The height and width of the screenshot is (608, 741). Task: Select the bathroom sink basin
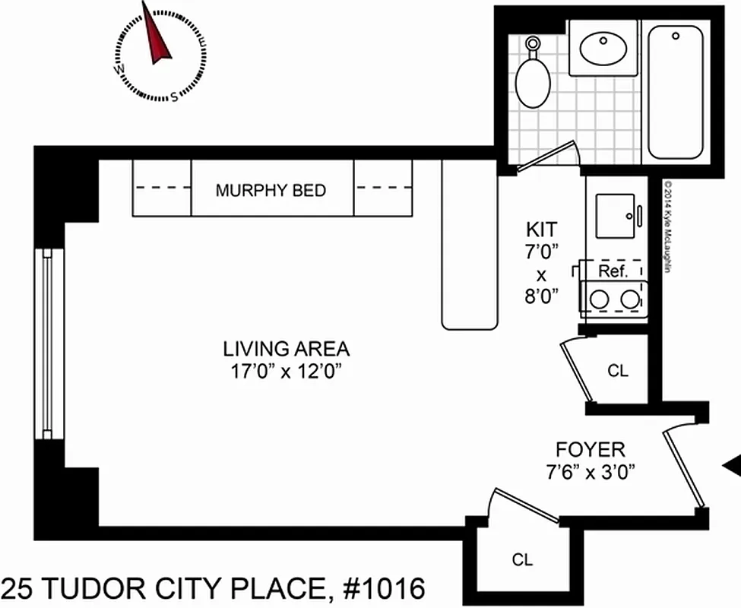point(606,49)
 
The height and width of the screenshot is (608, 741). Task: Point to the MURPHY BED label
point(271,190)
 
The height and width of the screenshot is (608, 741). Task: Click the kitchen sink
point(615,211)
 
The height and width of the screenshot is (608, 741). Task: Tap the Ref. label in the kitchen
point(612,271)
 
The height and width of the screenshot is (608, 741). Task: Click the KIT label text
point(541,229)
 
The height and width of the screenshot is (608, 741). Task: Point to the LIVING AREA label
point(286,350)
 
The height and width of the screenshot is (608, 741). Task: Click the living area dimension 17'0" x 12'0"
point(286,372)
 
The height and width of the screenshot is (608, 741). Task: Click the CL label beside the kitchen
point(618,372)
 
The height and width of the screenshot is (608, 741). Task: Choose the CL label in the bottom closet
point(522,561)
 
